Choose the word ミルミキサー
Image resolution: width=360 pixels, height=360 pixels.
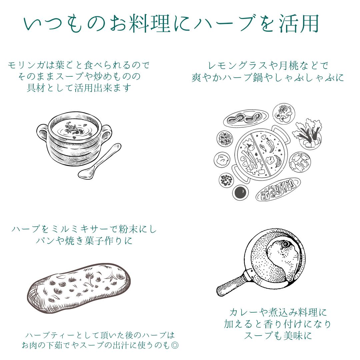(75, 229)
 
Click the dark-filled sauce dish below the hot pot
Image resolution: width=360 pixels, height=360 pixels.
(240, 192)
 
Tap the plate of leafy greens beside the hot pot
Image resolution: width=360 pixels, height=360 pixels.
(308, 134)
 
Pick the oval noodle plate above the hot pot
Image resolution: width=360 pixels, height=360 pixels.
(246, 118)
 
